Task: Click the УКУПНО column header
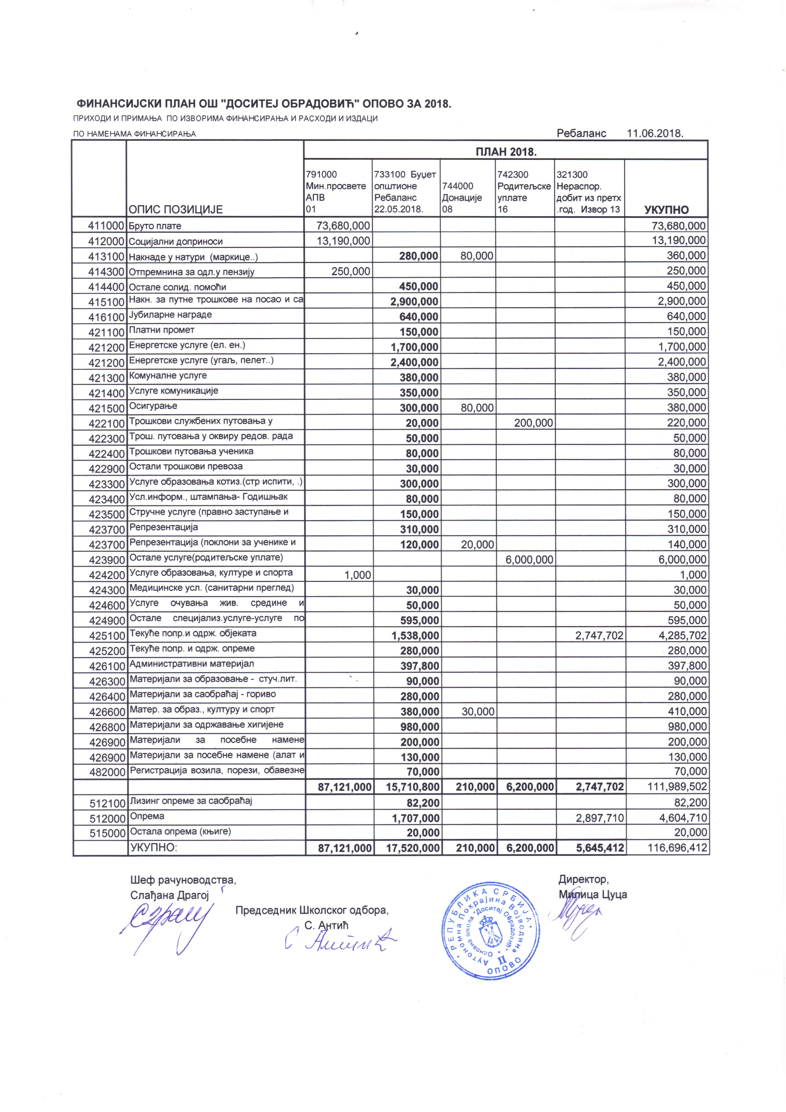(x=667, y=210)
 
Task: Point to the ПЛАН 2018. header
(x=506, y=152)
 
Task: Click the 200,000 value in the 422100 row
(x=534, y=423)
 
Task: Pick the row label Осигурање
(x=153, y=406)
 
